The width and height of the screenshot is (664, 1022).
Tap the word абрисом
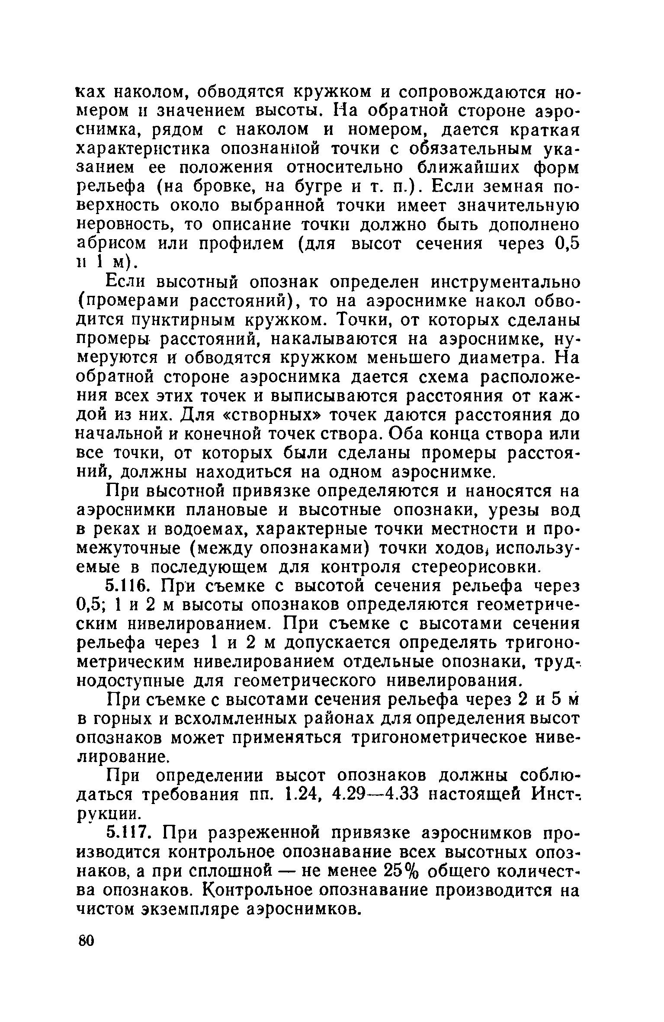click(x=111, y=244)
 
